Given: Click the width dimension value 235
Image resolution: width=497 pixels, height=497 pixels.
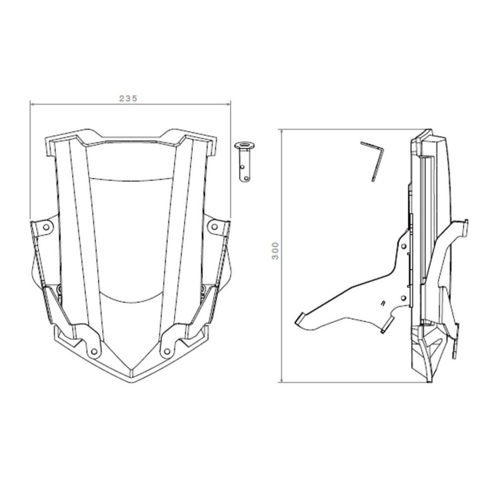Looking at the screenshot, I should pyautogui.click(x=128, y=98).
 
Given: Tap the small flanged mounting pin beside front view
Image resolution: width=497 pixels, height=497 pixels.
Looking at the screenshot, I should pyautogui.click(x=244, y=162).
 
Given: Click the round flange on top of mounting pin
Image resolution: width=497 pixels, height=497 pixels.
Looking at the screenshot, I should pyautogui.click(x=244, y=146).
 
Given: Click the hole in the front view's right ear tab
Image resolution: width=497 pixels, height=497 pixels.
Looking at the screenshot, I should pyautogui.click(x=214, y=227).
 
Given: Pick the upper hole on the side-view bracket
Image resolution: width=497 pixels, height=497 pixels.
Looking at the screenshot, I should pyautogui.click(x=404, y=246).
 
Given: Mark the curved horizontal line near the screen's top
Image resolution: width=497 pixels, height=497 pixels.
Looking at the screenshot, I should pyautogui.click(x=130, y=177).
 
